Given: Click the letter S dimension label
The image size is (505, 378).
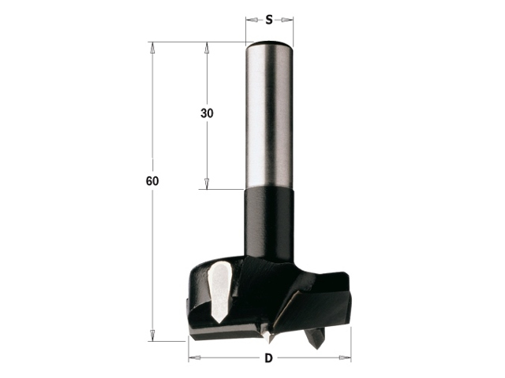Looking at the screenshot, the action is click(269, 20).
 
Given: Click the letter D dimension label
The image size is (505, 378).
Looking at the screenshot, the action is click(268, 358).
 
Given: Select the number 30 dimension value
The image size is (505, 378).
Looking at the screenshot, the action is click(207, 113).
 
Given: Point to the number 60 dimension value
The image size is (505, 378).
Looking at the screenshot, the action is click(152, 181).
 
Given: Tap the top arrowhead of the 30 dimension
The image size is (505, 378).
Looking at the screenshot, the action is click(207, 48).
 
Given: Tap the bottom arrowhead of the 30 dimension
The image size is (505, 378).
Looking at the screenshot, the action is click(207, 183).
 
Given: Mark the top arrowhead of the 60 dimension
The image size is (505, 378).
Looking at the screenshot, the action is click(152, 48).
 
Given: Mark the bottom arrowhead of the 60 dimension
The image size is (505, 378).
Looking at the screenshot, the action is click(152, 335).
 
